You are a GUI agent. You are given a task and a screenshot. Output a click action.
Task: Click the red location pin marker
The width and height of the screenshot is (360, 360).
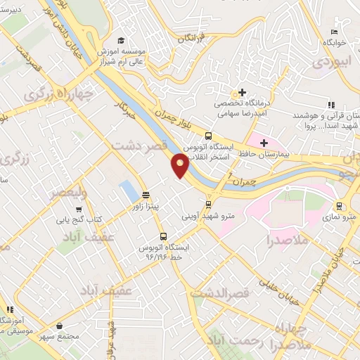coord(180,165)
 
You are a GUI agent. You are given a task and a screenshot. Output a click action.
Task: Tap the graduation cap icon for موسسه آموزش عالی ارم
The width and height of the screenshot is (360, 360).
coord(121,40)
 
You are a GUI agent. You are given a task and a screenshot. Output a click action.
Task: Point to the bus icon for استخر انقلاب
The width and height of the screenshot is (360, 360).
coord(208,136)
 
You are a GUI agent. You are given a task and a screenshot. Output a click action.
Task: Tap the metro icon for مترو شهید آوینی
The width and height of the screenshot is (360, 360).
coord(208,205)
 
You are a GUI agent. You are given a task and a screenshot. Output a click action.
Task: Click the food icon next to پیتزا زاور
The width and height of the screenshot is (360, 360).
coord(146,196)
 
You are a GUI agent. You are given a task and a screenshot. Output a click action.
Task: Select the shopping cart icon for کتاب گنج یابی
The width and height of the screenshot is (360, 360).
coord(79,208)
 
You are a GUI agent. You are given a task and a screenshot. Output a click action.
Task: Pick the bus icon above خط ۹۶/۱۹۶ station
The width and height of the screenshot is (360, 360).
coord(164,236)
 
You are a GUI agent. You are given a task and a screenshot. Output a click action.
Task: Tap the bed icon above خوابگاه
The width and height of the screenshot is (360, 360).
coord(335,32)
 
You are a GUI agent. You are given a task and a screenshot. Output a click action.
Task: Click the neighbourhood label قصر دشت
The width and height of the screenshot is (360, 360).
coord(137,143)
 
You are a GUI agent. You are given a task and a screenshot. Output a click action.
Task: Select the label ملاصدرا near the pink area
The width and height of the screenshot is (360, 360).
coord(269,241)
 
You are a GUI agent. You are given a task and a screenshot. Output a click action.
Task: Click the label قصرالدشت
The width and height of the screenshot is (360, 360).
coord(217,290)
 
